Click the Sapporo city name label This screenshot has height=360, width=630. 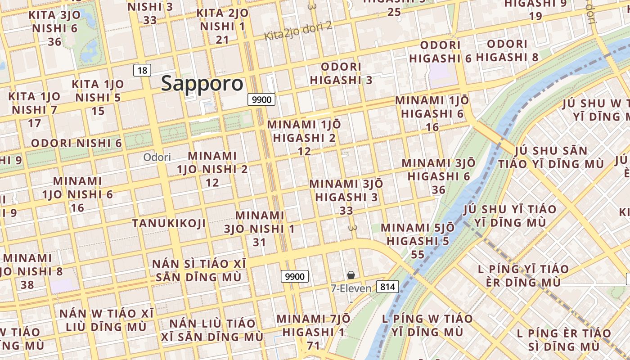[x=202, y=84]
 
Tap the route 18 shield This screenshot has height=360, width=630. [x=142, y=70]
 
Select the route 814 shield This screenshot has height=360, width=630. [x=387, y=287]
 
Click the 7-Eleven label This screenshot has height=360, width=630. [x=351, y=288]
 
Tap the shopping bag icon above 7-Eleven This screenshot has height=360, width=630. [x=351, y=274]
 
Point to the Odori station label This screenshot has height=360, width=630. [x=157, y=157]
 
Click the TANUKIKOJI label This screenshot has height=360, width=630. [x=169, y=223]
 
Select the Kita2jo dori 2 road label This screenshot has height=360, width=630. [x=298, y=31]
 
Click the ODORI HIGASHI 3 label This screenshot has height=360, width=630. [x=341, y=73]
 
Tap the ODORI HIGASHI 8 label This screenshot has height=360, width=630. [x=507, y=51]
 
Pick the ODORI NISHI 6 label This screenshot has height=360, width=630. [x=76, y=143]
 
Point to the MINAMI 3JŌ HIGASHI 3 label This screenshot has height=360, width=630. [x=346, y=190]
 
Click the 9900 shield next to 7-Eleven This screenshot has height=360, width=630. [x=295, y=276]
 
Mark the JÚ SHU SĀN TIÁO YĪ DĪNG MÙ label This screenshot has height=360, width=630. [x=551, y=157]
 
